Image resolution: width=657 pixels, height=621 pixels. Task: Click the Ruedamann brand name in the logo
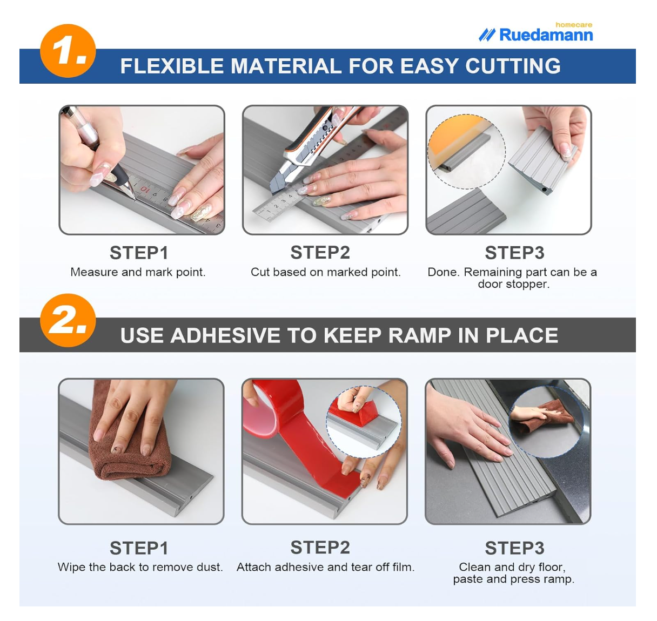546,35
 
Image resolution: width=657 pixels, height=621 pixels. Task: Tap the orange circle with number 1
68,51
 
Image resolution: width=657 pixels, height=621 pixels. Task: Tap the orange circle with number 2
68,320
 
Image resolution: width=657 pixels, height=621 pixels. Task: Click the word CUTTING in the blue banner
513,66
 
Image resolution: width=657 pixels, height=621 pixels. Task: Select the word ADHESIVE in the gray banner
225,335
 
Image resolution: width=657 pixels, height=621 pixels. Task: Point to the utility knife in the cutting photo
311,147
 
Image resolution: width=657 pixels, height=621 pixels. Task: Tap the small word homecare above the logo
573,25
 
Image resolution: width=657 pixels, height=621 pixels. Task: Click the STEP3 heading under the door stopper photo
515,253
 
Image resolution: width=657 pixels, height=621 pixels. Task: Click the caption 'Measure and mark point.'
138,272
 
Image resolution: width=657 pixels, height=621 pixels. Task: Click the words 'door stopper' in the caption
514,284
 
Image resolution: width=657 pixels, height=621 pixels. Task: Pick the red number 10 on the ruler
145,190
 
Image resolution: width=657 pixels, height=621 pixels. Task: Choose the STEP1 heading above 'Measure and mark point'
139,253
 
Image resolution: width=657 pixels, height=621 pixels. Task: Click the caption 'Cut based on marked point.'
325,272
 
